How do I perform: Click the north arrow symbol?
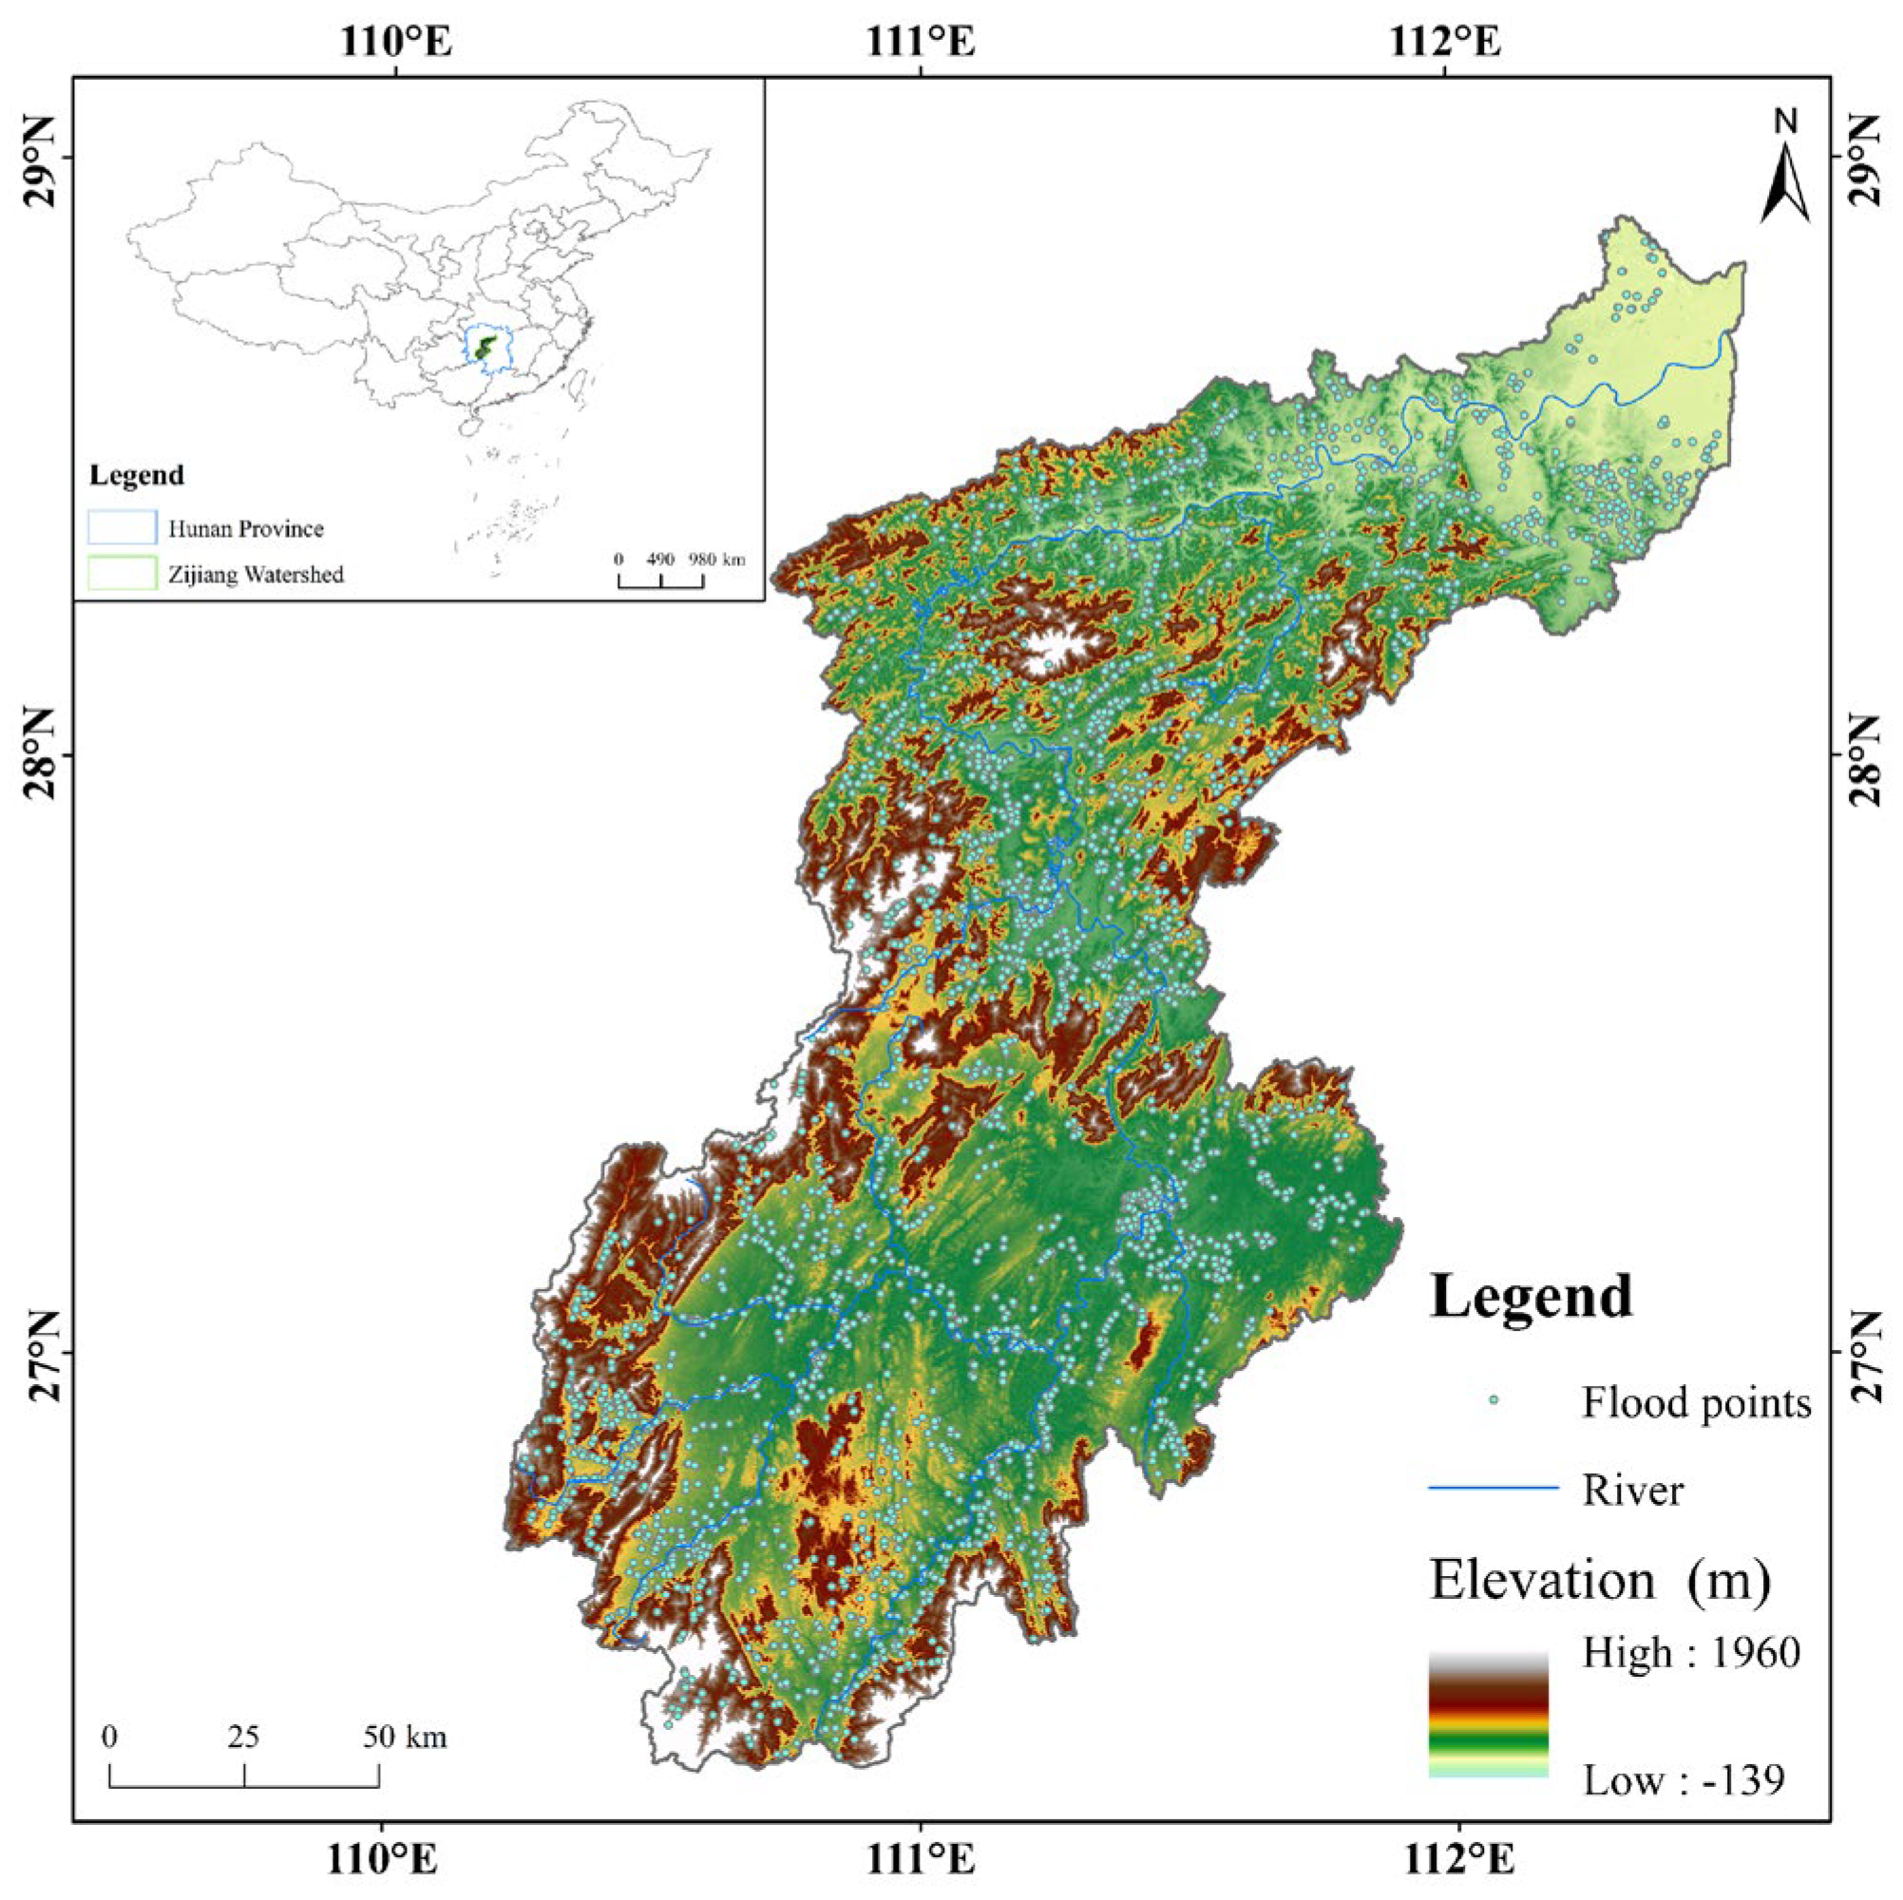click(x=1785, y=181)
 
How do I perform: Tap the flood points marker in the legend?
click(x=1494, y=1399)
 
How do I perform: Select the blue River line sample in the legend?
click(x=1494, y=1489)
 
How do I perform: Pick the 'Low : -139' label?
click(x=1684, y=1780)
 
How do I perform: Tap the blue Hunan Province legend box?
click(x=123, y=528)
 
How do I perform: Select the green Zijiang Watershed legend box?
click(x=123, y=573)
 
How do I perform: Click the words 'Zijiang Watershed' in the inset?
click(x=256, y=574)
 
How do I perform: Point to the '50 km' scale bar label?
click(x=405, y=1737)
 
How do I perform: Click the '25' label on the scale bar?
click(x=243, y=1737)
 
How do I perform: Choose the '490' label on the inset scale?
click(x=660, y=560)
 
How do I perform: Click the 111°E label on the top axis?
click(x=921, y=43)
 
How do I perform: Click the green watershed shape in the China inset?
click(x=482, y=346)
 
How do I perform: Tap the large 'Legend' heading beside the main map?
click(x=1531, y=1296)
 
